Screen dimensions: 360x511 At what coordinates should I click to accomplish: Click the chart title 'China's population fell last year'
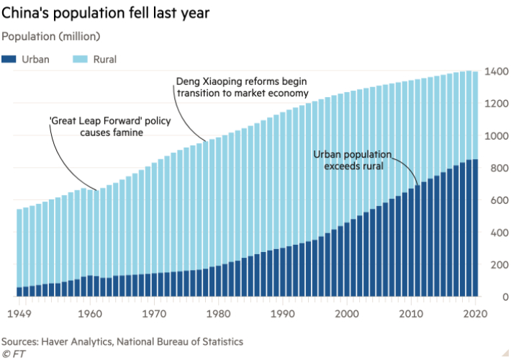tap(108, 14)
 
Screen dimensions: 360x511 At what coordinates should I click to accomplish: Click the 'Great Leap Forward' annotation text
tap(110, 127)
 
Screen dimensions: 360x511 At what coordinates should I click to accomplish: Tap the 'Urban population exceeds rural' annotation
tap(352, 160)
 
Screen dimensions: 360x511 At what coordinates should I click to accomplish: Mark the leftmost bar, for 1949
tap(20, 252)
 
